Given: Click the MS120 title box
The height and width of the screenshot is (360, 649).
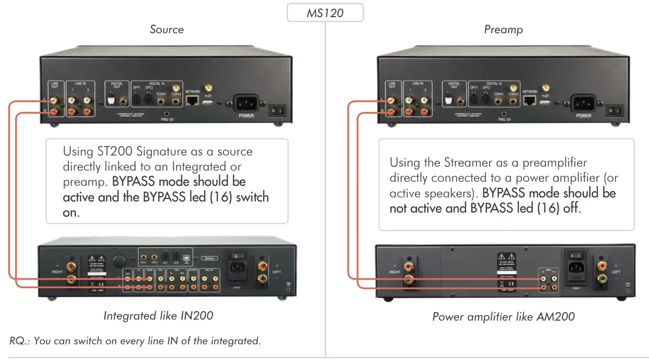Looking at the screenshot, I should pos(325,13).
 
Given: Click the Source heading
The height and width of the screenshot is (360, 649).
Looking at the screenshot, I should pos(167,29).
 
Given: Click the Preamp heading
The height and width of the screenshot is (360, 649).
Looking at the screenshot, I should pos(503,29).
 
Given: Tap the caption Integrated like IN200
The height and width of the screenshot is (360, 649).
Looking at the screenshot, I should pos(158,316).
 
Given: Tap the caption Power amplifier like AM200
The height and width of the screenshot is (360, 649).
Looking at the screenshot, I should pos(503,317).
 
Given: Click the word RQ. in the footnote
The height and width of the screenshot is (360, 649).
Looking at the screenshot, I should pos(19,341).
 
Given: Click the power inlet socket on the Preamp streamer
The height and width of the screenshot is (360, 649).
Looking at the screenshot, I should pos(583,103).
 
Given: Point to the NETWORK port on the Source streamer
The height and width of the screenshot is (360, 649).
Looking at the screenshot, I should pos(192,101).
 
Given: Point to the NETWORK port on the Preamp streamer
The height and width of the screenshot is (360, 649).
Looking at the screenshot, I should pos(530,101).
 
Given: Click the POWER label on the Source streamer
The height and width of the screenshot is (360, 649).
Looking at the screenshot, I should pos(246,116).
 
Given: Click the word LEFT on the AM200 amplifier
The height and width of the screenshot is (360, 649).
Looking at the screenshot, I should pos(616,272).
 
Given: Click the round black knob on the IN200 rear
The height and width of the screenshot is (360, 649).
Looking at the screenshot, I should pos(120,261).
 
